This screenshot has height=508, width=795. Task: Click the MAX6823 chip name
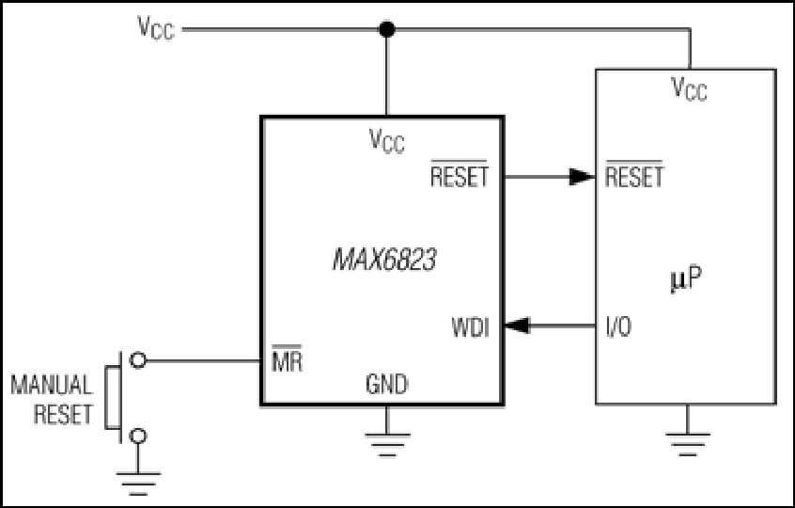[x=384, y=260]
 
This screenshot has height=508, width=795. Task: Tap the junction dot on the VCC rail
[x=387, y=29]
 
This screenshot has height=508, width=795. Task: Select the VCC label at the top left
[x=156, y=27]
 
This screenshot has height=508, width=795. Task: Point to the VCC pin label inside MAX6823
[x=387, y=140]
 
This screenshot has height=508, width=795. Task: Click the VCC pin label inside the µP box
[x=689, y=88]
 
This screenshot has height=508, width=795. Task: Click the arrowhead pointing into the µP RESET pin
[x=582, y=177]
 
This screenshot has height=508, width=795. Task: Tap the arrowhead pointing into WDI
[x=517, y=325]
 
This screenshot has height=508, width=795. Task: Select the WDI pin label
[x=471, y=327]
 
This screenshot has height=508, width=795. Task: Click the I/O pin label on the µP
[x=619, y=327]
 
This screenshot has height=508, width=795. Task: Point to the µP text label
[x=686, y=279]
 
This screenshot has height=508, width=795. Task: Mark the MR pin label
[x=287, y=358]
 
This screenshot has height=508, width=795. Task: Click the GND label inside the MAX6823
[x=387, y=385]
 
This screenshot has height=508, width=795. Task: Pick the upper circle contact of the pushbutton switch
[x=138, y=360]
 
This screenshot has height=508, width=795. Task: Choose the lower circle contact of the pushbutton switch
[x=138, y=436]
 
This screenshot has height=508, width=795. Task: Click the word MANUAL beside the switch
[x=52, y=385]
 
